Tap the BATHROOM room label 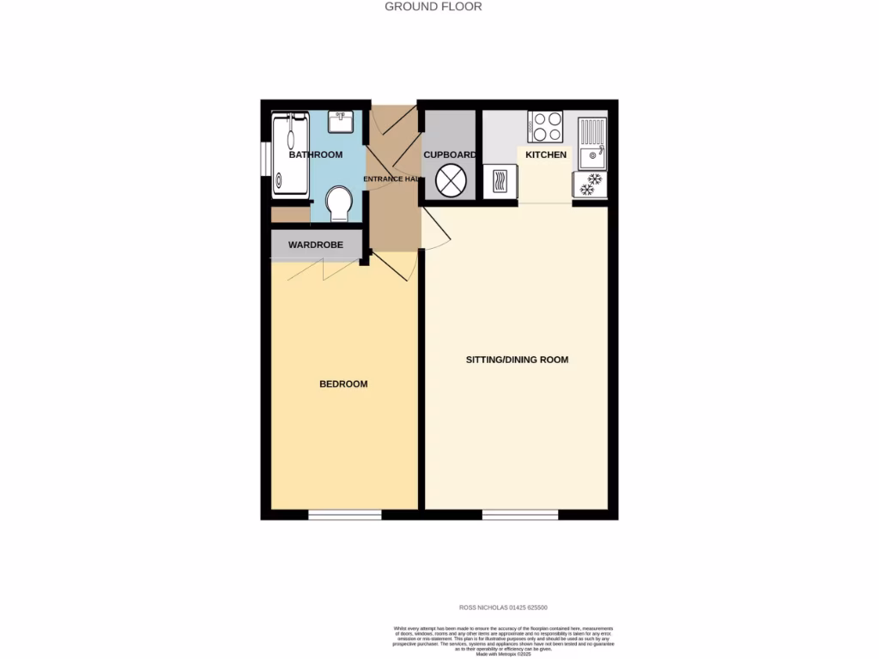coord(315,155)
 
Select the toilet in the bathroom coord(340,204)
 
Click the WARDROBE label coord(315,245)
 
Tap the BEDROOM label coord(343,384)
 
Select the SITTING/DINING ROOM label coord(517,360)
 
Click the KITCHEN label coord(546,155)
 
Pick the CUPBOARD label coord(449,155)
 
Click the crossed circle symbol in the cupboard coord(451,182)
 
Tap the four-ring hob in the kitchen coord(546,128)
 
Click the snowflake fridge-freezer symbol coord(590,185)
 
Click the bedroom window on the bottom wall coord(345,515)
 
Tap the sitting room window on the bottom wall coord(520,515)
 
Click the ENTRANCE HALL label coord(391,179)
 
